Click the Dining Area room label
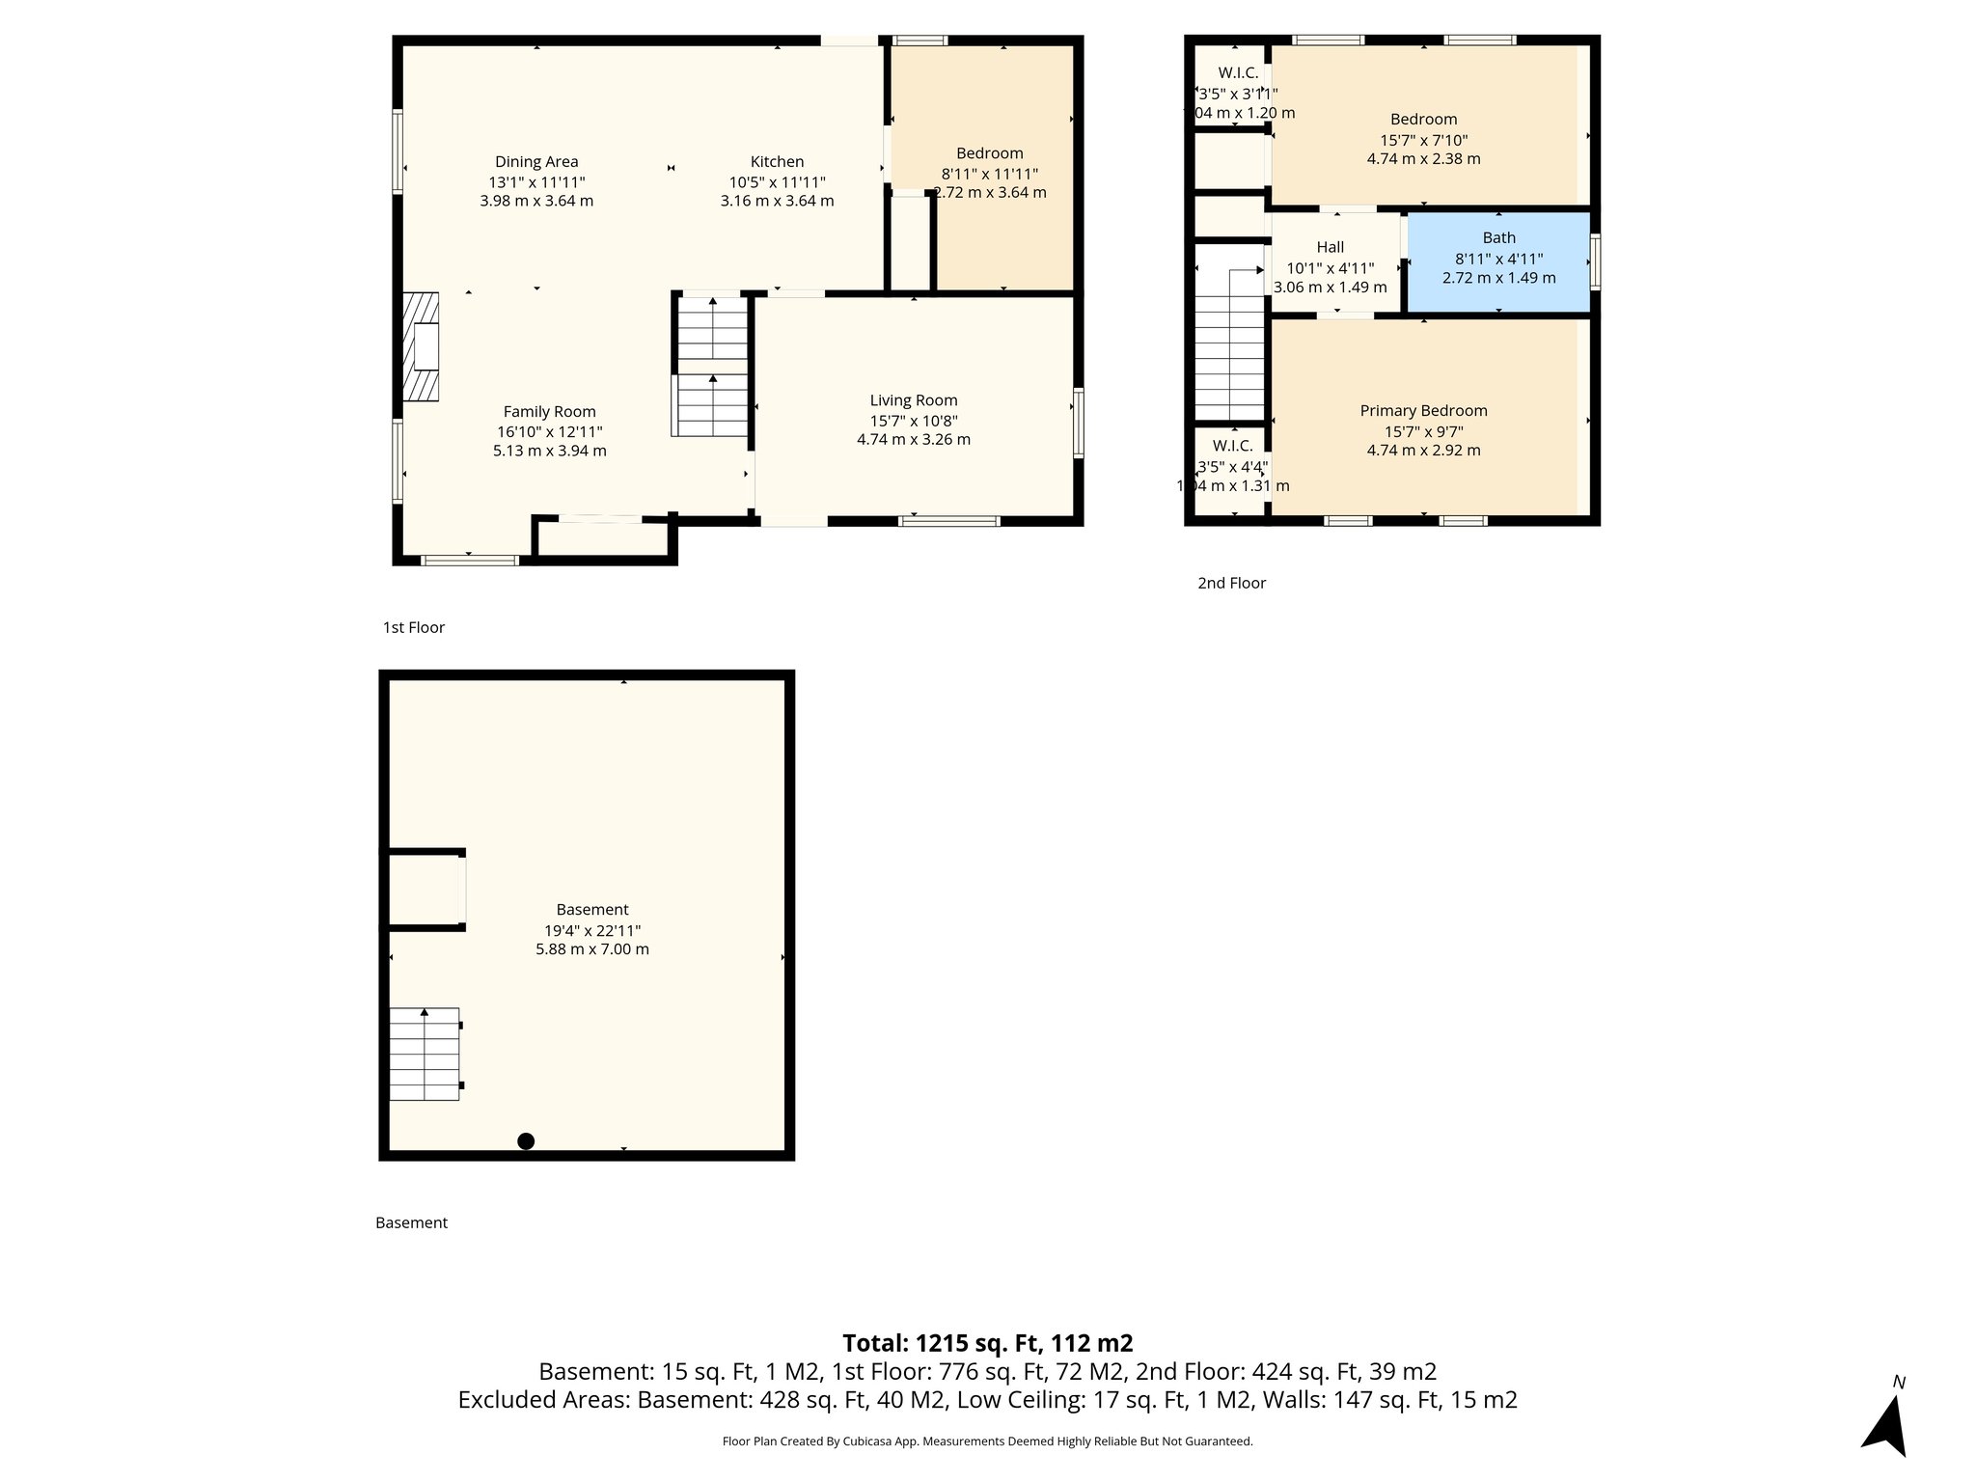(x=536, y=162)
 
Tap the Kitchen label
(x=777, y=162)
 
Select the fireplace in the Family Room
(x=421, y=346)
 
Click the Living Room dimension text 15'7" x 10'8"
(x=913, y=421)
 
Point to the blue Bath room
(x=1498, y=261)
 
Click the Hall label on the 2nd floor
(x=1330, y=248)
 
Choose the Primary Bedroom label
(x=1423, y=411)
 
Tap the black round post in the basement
(x=526, y=1141)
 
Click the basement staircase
(x=425, y=1054)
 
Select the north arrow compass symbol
(x=1886, y=1425)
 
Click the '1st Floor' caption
(x=413, y=628)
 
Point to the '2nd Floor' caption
(x=1231, y=583)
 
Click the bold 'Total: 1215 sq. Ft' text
(x=987, y=1343)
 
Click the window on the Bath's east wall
(x=1595, y=261)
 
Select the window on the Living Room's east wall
(x=1078, y=423)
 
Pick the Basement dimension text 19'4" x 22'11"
(x=592, y=930)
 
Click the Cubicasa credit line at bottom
(x=987, y=1441)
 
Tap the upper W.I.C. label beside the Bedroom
(x=1237, y=73)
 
